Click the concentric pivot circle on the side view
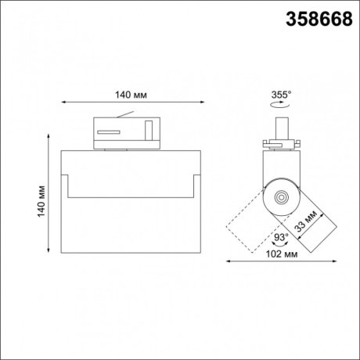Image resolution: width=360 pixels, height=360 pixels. (279, 196)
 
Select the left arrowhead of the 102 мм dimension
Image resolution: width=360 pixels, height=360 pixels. (229, 261)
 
